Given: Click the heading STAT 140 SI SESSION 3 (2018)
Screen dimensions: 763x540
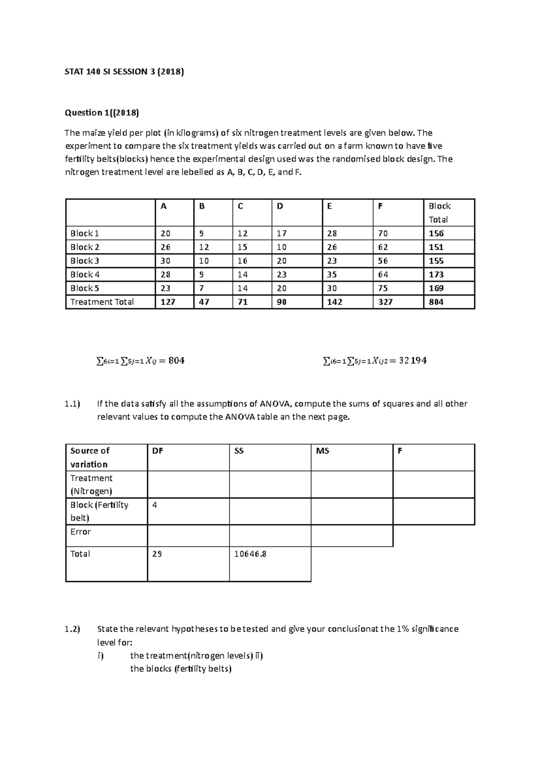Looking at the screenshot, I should (x=125, y=72).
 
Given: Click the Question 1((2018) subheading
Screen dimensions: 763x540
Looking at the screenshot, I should (x=102, y=112).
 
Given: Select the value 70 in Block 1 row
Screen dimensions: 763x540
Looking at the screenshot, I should (x=383, y=233).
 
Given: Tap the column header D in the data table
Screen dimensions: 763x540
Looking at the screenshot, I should (x=280, y=206).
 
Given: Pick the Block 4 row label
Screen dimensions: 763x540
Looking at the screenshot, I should (x=85, y=274).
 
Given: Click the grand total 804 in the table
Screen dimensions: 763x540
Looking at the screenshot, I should (x=436, y=302).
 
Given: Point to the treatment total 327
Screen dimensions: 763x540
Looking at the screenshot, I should (x=385, y=302).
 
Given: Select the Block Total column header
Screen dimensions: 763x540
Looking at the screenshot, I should (x=439, y=213).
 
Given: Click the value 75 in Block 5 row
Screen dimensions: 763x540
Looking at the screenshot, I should (x=383, y=288).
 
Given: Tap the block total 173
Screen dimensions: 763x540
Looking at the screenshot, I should (x=436, y=274).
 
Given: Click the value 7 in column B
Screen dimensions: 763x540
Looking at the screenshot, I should (x=201, y=288).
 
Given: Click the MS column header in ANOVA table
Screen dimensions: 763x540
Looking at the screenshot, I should (x=323, y=451).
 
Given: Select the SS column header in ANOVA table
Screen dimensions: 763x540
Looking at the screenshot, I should (x=239, y=451).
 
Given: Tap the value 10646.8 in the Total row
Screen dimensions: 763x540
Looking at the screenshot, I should (x=250, y=554).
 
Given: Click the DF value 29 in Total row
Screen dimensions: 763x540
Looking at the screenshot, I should (x=157, y=554).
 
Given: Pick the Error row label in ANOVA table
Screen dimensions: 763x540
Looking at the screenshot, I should (x=81, y=532).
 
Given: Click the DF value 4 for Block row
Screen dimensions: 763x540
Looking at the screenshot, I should (x=155, y=505).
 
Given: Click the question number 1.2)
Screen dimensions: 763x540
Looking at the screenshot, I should (x=72, y=629).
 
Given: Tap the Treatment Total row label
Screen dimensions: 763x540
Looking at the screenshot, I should (x=102, y=302).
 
